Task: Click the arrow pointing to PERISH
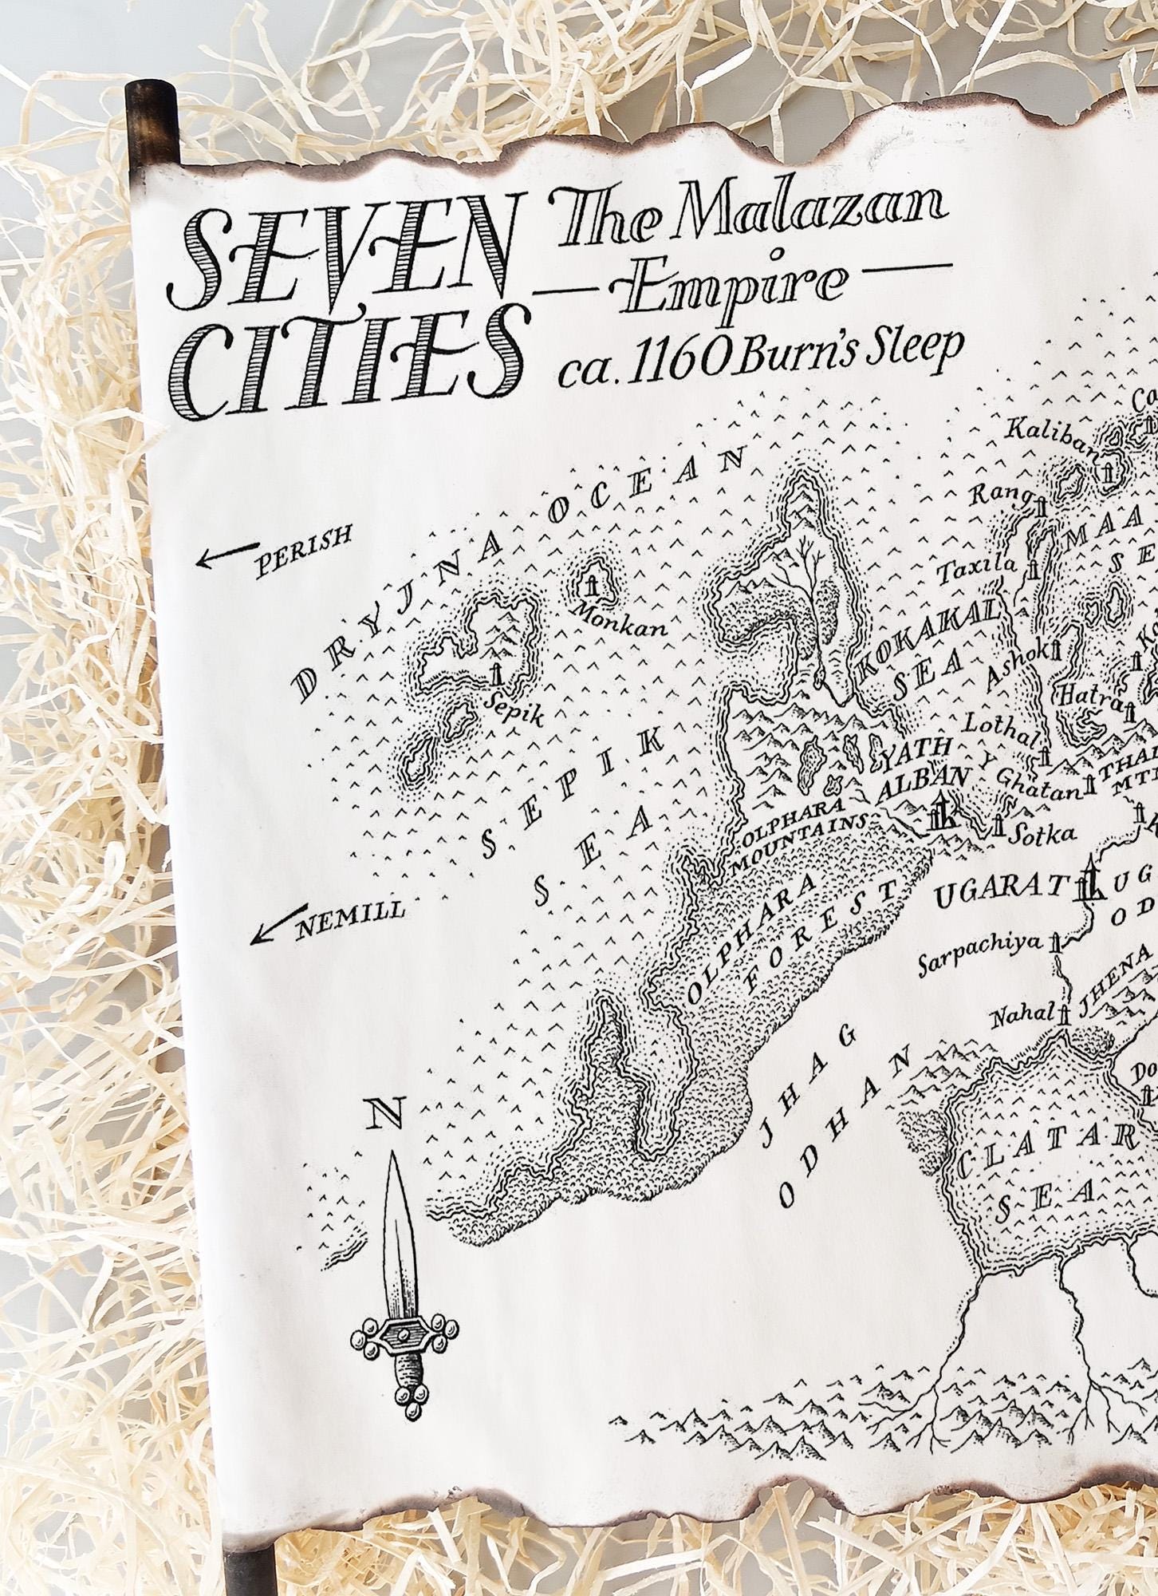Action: pos(228,556)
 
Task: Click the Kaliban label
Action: pos(1044,433)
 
